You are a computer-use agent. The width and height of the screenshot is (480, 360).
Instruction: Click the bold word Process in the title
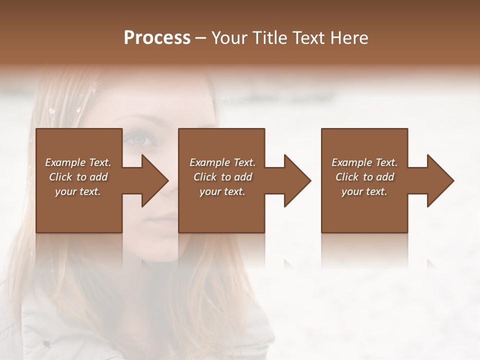click(157, 38)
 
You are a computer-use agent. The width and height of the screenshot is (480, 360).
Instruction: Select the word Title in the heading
click(266, 38)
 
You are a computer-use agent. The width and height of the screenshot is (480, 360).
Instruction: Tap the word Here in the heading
click(350, 38)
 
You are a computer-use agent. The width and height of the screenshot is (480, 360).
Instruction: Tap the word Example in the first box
click(65, 162)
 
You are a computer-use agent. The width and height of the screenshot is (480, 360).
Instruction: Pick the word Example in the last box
click(351, 162)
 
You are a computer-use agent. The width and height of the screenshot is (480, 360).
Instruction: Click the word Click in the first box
click(60, 177)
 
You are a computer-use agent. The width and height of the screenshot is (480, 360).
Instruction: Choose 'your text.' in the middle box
click(222, 191)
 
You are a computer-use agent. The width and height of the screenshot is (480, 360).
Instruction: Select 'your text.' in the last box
click(364, 191)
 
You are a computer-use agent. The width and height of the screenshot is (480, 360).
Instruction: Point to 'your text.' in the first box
click(78, 191)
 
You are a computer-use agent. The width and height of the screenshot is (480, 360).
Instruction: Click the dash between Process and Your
click(201, 38)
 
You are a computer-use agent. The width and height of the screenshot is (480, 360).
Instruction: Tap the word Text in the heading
click(308, 38)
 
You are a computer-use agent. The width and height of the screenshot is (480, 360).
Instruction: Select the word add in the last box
click(384, 177)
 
